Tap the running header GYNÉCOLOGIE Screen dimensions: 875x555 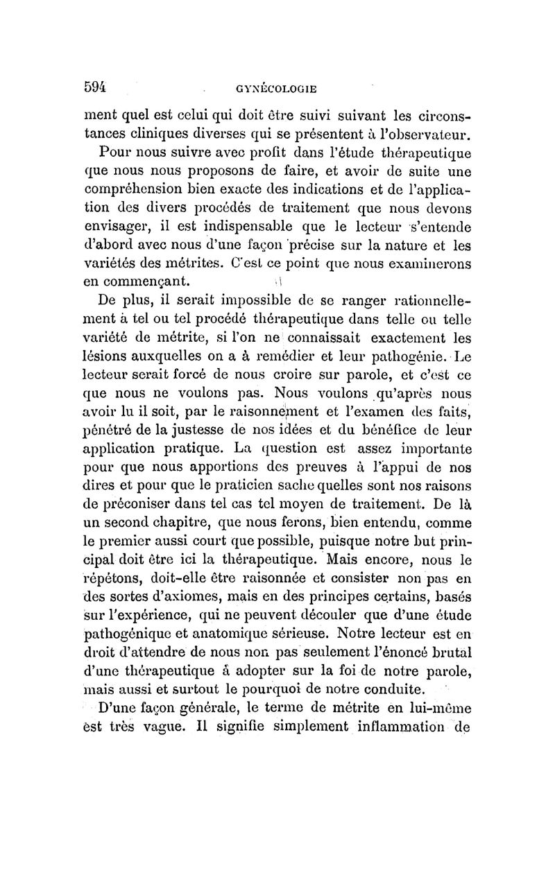pyautogui.click(x=277, y=89)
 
